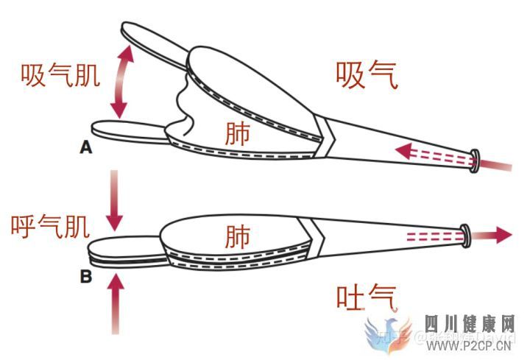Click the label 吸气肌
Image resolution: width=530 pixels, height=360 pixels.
[x=60, y=75]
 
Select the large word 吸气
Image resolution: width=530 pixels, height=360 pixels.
[x=367, y=75]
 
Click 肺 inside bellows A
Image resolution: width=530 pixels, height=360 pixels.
[x=237, y=133]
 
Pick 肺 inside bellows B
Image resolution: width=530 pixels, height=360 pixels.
[x=237, y=236]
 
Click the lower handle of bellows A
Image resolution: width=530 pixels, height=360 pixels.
[x=125, y=130]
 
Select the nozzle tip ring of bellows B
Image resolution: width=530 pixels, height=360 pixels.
[x=465, y=233]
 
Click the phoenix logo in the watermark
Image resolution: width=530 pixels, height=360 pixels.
[x=390, y=335]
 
